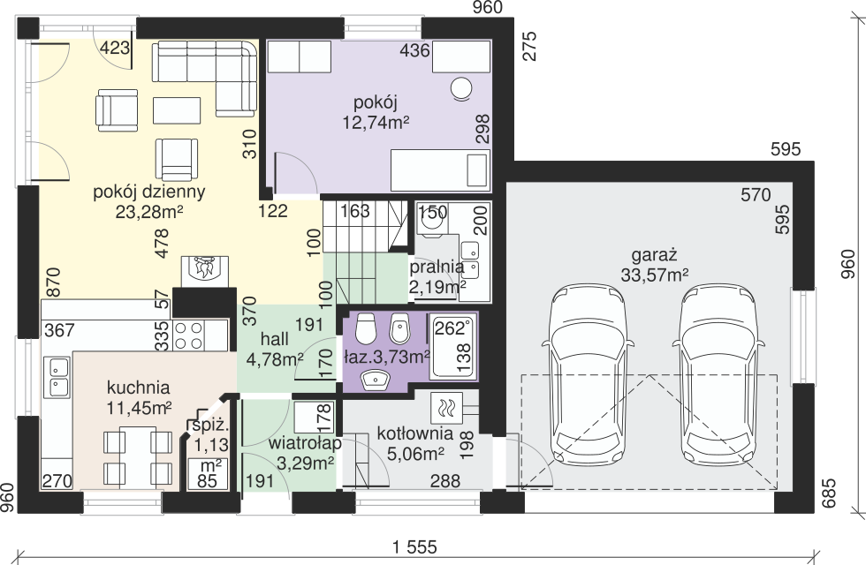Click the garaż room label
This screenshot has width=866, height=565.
click(654, 255)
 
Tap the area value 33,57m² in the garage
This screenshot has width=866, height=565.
click(655, 275)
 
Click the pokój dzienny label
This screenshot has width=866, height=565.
click(149, 192)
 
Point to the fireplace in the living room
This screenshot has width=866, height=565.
click(205, 270)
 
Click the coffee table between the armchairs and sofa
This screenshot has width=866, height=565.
click(177, 110)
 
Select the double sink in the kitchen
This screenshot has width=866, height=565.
click(57, 378)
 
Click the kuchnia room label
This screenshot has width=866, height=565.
click(138, 388)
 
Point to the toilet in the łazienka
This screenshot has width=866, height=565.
click(365, 328)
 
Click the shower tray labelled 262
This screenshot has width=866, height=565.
click(452, 346)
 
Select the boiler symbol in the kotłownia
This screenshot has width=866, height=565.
click(444, 408)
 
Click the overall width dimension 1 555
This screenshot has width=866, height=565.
click(414, 547)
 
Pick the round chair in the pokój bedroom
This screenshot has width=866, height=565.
click(460, 88)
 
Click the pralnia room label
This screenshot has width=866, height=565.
click(437, 267)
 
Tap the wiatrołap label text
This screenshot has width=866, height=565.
click(306, 443)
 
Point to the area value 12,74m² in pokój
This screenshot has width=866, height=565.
click(376, 122)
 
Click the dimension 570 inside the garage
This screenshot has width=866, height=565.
click(756, 195)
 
